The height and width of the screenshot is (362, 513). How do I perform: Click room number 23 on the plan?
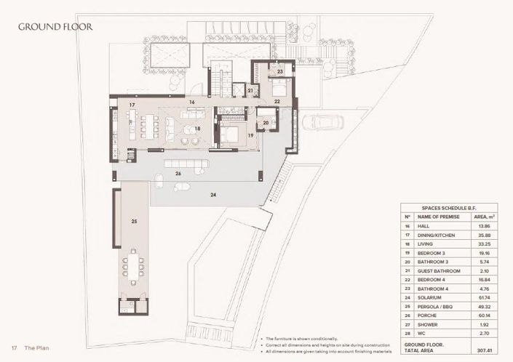[280, 71]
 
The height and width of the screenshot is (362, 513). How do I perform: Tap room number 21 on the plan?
[250, 91]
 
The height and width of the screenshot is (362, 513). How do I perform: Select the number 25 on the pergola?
[134, 221]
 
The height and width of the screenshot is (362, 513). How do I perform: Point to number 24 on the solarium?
[214, 195]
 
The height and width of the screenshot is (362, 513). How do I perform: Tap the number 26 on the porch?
[178, 174]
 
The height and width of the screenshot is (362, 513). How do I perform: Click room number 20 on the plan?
[266, 123]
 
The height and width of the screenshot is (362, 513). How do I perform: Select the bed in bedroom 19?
[231, 133]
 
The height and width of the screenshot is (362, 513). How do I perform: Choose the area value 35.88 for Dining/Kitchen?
[484, 237]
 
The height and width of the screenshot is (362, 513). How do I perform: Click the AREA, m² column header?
[484, 217]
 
